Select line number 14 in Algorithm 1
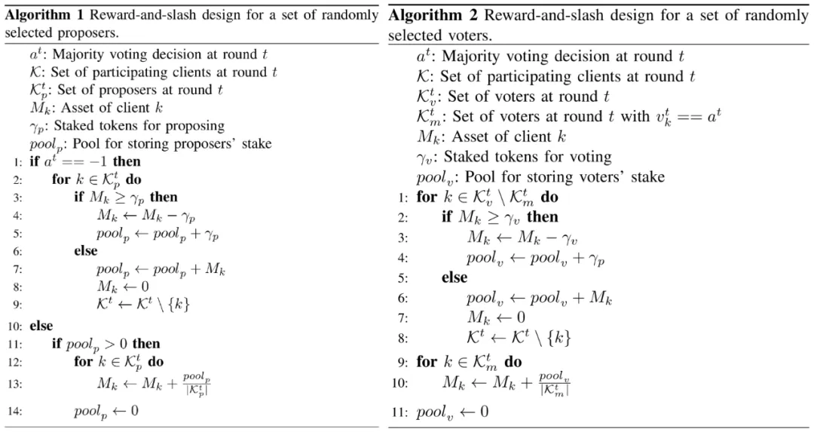point(16,412)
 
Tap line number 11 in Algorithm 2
point(399,412)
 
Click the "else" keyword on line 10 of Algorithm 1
point(41,326)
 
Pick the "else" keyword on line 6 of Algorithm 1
point(85,251)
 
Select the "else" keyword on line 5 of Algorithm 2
point(454,277)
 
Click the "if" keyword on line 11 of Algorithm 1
point(57,344)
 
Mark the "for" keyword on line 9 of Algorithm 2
point(427,362)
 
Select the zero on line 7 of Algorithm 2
point(520,317)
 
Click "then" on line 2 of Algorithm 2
point(543,217)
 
